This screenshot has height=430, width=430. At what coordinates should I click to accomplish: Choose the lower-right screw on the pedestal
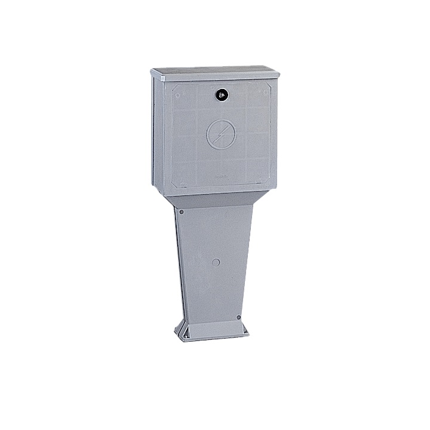[239, 317]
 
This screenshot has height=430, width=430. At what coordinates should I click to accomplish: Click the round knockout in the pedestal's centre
[216, 262]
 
